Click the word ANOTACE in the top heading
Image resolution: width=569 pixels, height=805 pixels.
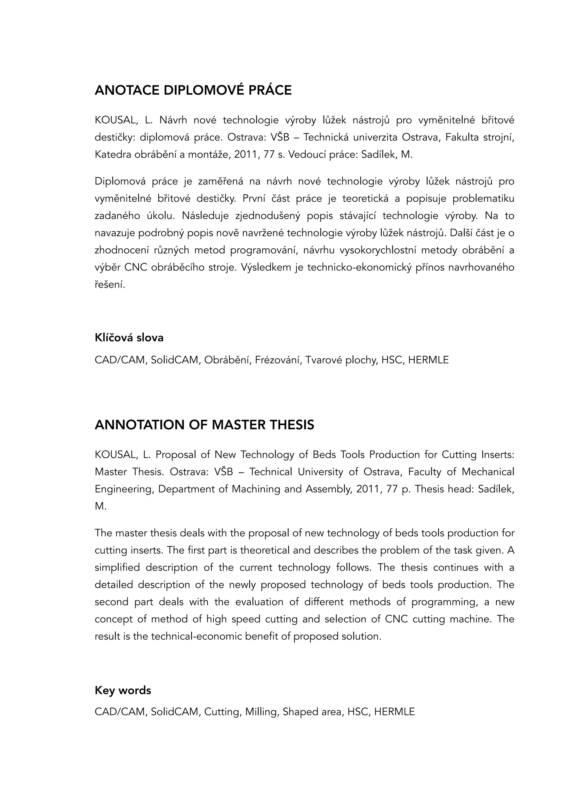pos(127,91)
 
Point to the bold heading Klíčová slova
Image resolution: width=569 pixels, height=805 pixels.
pos(129,337)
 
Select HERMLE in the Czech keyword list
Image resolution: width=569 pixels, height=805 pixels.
pos(428,360)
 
